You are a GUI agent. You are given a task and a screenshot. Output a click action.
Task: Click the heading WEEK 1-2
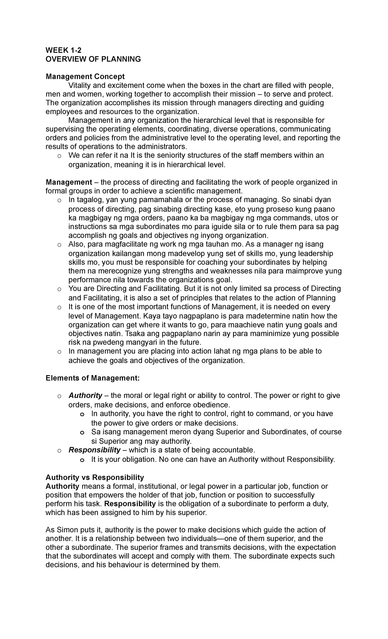pyautogui.click(x=64, y=50)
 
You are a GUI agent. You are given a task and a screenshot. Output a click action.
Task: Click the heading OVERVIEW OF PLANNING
pyautogui.click(x=93, y=59)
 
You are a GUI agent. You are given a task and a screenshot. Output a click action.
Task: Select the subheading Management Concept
pyautogui.click(x=85, y=77)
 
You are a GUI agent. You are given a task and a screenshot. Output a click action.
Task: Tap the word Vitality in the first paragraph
pyautogui.click(x=80, y=85)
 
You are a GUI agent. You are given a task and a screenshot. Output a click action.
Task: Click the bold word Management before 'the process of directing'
pyautogui.click(x=69, y=182)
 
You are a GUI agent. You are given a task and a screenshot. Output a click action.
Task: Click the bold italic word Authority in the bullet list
pyautogui.click(x=85, y=395)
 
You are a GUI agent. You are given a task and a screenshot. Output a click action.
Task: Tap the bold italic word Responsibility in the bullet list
pyautogui.click(x=94, y=450)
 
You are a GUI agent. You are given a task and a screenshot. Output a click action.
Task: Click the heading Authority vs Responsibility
pyautogui.click(x=95, y=477)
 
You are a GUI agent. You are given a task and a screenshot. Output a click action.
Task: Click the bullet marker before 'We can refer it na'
pyautogui.click(x=59, y=156)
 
